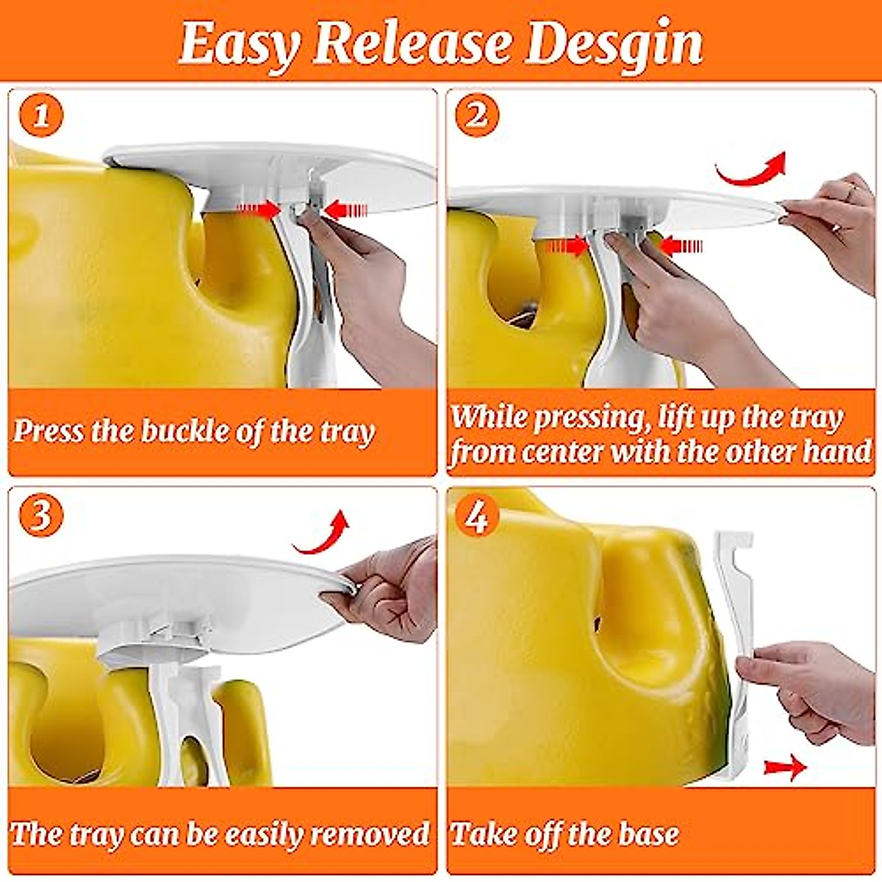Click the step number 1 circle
(42, 116)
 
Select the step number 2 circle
(477, 116)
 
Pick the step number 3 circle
(41, 516)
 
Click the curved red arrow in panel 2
(751, 170)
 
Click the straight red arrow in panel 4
(784, 767)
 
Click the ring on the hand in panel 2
(850, 192)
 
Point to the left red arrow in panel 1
(258, 210)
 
